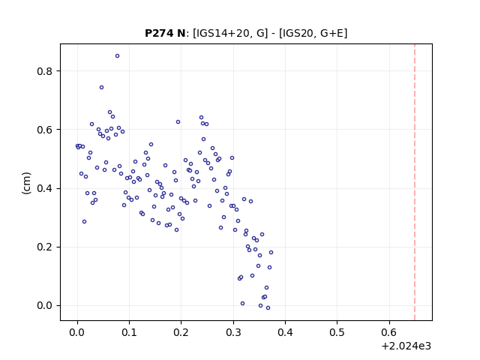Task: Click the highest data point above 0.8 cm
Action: tap(117, 55)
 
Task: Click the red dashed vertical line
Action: tap(415, 182)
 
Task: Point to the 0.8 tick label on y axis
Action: tap(44, 71)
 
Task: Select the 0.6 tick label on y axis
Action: tap(44, 130)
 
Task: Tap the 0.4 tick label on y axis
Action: tap(44, 188)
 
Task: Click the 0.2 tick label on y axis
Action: tap(44, 247)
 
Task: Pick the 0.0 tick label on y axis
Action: tap(44, 305)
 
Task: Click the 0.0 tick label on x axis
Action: tap(77, 332)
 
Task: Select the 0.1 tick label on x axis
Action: tap(129, 332)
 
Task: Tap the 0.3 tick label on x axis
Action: tap(233, 332)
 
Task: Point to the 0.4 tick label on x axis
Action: tap(285, 332)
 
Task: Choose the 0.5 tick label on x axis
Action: tap(337, 332)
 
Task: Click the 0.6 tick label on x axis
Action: tap(389, 332)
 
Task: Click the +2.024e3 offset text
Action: tap(406, 346)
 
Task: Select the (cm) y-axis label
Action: tap(27, 183)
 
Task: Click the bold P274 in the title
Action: tap(159, 33)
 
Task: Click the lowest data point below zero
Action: tap(268, 308)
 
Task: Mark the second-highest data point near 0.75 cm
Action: tap(102, 88)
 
